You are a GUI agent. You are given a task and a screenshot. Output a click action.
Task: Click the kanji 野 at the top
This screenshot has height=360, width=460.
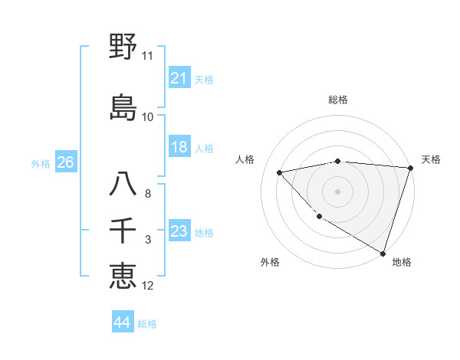[123, 47]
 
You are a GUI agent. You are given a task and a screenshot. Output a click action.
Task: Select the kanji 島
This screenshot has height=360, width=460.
[123, 107]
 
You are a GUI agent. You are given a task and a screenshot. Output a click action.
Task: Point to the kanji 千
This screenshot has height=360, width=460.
[123, 231]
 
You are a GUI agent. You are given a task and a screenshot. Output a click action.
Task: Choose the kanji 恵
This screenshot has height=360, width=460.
[123, 276]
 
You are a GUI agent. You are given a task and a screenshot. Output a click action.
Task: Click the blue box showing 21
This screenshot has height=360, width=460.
[179, 78]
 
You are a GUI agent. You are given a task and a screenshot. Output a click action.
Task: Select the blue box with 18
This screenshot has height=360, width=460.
[179, 148]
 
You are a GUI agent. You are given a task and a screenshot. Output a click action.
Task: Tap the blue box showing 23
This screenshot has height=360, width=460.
[179, 232]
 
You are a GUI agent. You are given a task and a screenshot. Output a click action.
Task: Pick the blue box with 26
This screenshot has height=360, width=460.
[65, 162]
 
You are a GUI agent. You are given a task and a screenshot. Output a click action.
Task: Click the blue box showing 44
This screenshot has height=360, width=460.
[122, 322]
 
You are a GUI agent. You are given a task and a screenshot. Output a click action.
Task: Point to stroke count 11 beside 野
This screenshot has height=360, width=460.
[147, 56]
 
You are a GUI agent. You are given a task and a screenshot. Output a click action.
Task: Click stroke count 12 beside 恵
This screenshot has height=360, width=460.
[147, 286]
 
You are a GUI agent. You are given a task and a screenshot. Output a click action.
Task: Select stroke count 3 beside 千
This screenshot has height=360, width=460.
[147, 240]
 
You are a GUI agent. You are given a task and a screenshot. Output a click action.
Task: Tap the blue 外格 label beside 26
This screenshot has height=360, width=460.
[41, 163]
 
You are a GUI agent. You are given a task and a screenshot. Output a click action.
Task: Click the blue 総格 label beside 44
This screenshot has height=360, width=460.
[147, 324]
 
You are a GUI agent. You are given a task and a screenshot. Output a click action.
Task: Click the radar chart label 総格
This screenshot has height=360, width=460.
[338, 100]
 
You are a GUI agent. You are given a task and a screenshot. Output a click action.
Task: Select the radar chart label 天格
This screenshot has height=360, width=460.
[431, 159]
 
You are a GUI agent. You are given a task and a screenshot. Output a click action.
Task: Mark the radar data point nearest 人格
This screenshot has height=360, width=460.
[279, 172]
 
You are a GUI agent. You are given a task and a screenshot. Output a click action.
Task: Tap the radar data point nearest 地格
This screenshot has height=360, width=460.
[383, 252]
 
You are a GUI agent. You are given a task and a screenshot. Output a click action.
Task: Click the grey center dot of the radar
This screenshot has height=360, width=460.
[338, 191]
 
